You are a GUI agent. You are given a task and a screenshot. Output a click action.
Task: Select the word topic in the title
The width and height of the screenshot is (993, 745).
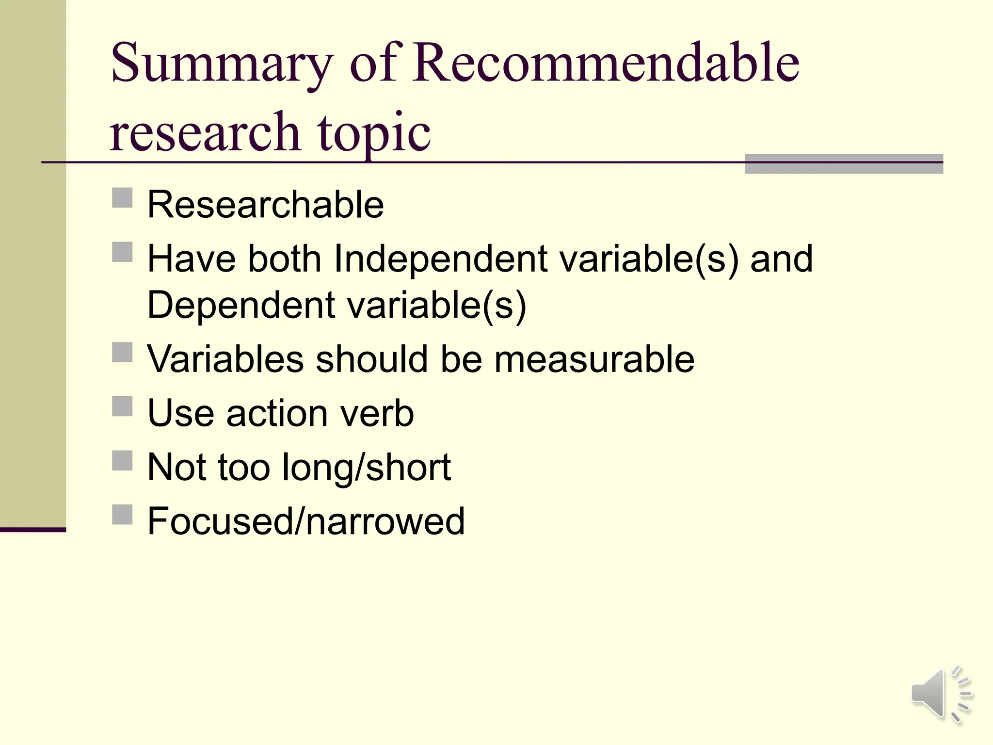(374, 132)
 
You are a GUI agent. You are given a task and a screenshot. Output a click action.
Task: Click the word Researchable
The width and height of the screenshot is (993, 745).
(265, 204)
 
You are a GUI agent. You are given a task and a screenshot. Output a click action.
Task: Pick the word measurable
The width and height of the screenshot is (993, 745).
(594, 359)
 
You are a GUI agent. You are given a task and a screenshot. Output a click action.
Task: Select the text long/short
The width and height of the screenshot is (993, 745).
(367, 467)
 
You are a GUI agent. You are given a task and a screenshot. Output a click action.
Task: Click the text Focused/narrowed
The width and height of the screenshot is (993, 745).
(306, 521)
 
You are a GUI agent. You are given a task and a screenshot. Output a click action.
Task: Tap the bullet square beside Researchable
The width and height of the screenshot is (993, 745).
(122, 198)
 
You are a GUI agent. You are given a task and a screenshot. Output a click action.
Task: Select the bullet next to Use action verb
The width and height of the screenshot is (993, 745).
(122, 406)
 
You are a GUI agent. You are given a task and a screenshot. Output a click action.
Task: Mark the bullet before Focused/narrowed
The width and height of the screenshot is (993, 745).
(122, 515)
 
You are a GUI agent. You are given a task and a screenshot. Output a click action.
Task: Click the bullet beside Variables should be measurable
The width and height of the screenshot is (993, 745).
(122, 353)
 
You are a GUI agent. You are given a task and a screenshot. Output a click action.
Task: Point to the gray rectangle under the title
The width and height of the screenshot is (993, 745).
(843, 164)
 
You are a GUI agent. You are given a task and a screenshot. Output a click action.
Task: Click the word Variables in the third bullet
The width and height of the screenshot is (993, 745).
(225, 359)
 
